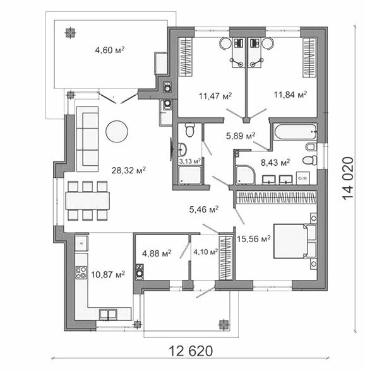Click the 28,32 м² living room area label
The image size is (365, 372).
click(129, 170)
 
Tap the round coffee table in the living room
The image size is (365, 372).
click(117, 131)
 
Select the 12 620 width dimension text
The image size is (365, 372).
click(191, 351)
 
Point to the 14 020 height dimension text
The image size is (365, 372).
click(348, 178)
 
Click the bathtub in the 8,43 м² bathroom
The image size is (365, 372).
click(295, 132)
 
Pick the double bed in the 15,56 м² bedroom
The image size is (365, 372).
click(296, 241)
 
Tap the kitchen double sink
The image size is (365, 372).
click(108, 314)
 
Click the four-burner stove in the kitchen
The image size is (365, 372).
click(81, 272)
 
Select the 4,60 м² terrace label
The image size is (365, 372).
click(110, 50)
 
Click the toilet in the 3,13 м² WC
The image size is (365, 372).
click(189, 130)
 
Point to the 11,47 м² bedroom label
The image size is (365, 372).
click(215, 96)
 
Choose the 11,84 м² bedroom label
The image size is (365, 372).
click(290, 95)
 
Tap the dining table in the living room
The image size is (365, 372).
click(87, 201)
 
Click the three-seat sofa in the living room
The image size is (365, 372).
click(87, 139)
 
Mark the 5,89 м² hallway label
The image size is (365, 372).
click(241, 136)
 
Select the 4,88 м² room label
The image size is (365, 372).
click(157, 253)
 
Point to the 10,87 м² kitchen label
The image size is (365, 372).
click(108, 274)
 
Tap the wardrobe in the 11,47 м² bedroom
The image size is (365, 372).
click(186, 57)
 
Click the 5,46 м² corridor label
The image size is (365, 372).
click(204, 209)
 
